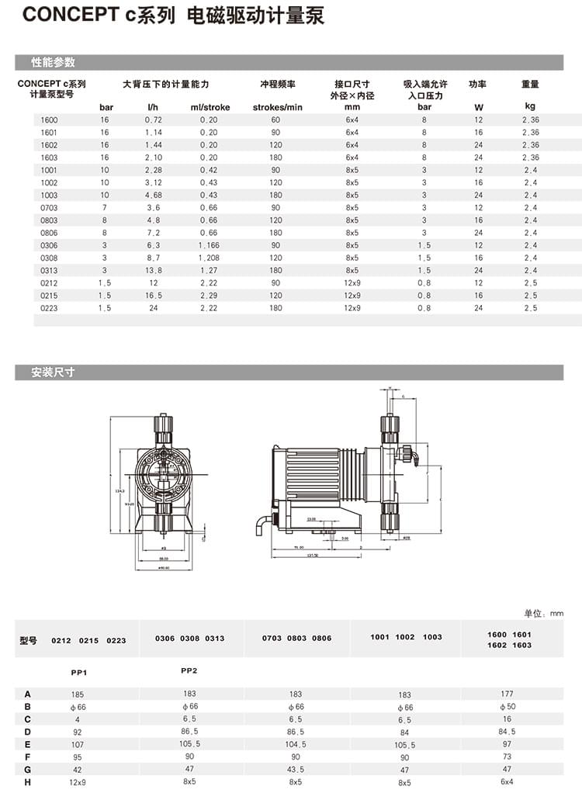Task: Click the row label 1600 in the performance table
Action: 49,119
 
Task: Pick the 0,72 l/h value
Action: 153,119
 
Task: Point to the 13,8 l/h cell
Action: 153,270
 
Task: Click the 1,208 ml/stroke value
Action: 209,258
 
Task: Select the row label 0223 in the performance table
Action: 49,308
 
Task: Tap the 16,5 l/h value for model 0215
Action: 153,296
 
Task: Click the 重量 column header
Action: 530,85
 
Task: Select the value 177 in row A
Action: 508,694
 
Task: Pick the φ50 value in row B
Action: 508,706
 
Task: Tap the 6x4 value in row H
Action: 508,781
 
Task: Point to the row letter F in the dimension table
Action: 28,756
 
